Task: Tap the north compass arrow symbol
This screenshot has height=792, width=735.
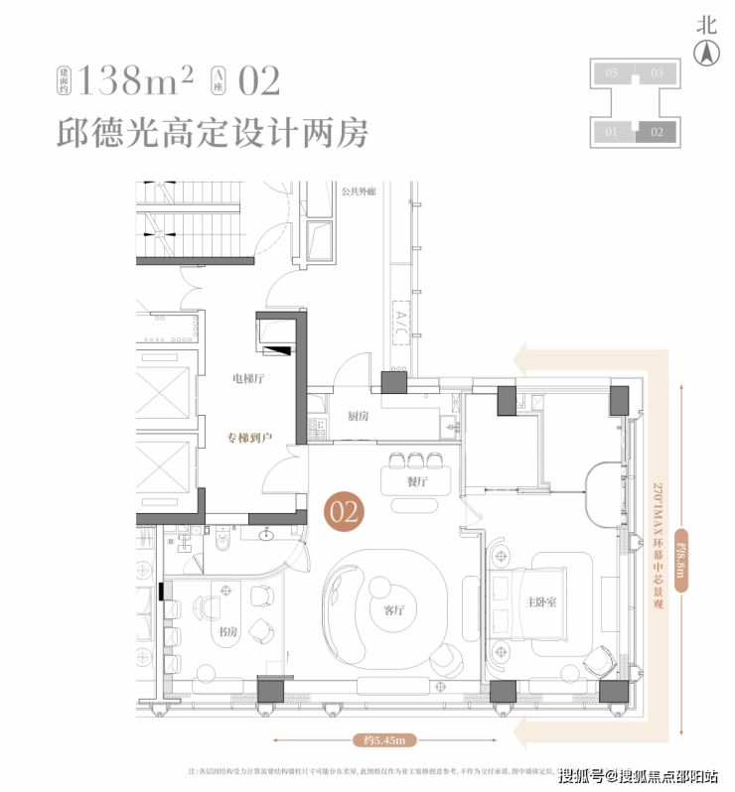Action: pyautogui.click(x=706, y=56)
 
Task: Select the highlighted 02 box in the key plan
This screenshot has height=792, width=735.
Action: pyautogui.click(x=657, y=131)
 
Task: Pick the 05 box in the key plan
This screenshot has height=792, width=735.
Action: pyautogui.click(x=612, y=72)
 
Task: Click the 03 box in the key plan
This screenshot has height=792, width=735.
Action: pyautogui.click(x=657, y=72)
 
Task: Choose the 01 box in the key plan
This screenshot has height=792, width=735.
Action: pyautogui.click(x=612, y=131)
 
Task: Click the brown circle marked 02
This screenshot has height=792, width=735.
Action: pyautogui.click(x=343, y=511)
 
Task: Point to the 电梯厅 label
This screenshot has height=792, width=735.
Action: pyautogui.click(x=248, y=378)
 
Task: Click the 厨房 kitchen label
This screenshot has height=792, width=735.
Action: pyautogui.click(x=359, y=417)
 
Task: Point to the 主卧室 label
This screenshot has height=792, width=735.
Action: pyautogui.click(x=542, y=602)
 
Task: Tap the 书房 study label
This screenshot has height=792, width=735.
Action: pyautogui.click(x=229, y=631)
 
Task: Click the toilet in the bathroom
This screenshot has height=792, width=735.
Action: pyautogui.click(x=221, y=542)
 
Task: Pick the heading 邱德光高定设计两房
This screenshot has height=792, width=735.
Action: pyautogui.click(x=212, y=132)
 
